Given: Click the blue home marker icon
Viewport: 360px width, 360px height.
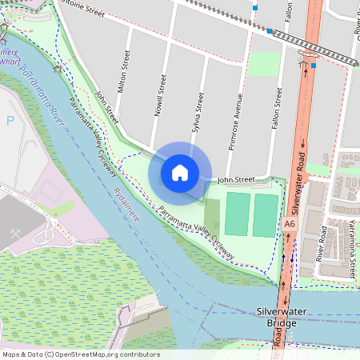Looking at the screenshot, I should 180,172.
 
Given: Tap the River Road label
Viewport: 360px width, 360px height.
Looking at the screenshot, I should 322,244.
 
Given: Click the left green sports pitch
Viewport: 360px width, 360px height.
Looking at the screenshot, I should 236,214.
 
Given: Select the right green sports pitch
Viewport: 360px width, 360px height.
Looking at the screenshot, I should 266,215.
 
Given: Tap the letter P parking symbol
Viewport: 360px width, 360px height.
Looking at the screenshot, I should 10,121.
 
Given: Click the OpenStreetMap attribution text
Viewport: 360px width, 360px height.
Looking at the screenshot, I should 82,354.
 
